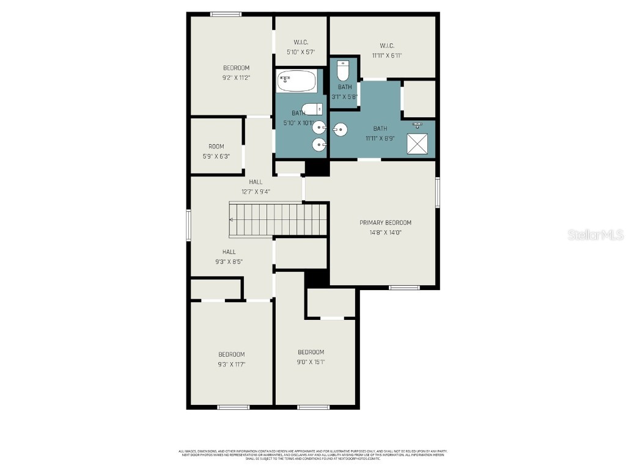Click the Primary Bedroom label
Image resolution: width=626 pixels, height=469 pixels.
pos(385,223)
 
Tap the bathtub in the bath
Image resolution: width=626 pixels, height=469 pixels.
pos(297,81)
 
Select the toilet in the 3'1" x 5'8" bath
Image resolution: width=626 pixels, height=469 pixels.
pos(343,71)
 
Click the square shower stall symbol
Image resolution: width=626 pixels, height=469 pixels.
pos(418,145)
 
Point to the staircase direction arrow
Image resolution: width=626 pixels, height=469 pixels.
pos(232,220)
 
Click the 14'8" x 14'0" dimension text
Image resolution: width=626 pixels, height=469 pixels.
pos(385,233)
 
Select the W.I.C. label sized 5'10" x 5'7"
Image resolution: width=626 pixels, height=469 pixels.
pos(301,42)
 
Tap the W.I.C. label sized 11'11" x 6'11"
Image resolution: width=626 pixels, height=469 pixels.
pos(386,46)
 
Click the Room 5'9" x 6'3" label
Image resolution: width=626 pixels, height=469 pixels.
pos(216,147)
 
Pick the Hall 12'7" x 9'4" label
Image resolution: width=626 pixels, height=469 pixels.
pos(256,182)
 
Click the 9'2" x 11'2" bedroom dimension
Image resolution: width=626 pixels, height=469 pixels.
pos(236,78)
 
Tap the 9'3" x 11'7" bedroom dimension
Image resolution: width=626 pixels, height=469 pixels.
pos(232,365)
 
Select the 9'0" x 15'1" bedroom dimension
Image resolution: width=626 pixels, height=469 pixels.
pos(311,362)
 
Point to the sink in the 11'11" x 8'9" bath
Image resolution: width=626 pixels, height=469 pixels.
pos(341,129)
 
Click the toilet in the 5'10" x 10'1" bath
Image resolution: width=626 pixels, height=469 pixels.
pos(312,109)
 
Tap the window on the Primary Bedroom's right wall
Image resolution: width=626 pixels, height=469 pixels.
pos(438,192)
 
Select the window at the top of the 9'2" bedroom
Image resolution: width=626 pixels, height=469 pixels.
pos(226,14)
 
